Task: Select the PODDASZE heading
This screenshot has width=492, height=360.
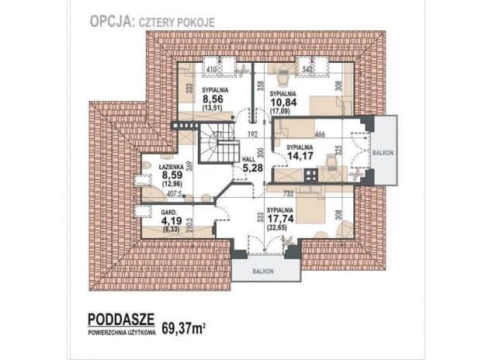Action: tap(121, 320)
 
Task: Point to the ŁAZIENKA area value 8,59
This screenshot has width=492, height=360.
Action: tap(172, 176)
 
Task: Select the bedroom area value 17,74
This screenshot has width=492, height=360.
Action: tap(284, 220)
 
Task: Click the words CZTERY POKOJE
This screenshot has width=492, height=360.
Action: tap(176, 22)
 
